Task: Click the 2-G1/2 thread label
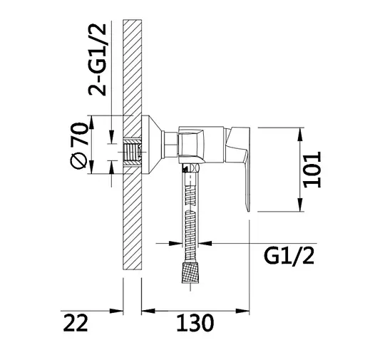97,59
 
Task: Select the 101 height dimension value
312,170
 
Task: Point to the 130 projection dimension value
195,323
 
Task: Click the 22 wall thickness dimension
76,323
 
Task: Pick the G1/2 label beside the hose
289,256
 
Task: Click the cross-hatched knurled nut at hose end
191,272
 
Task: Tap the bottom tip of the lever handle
249,211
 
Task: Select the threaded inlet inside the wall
132,152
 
